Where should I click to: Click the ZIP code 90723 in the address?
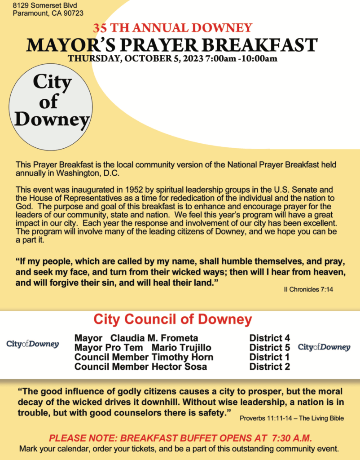point(73,13)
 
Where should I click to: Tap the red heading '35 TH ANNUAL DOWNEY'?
point(172,28)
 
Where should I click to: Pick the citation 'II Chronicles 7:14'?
point(308,290)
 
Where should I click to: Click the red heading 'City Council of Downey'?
point(172,319)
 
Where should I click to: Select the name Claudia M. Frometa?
point(154,338)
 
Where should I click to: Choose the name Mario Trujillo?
point(181,348)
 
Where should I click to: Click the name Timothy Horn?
point(182,357)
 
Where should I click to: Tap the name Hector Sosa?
point(179,367)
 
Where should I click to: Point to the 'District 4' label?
point(269,338)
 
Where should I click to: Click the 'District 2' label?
point(269,367)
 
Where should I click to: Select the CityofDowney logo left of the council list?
point(32,344)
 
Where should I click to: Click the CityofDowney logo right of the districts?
point(324,347)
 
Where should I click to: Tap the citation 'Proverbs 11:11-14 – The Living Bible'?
point(291,418)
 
